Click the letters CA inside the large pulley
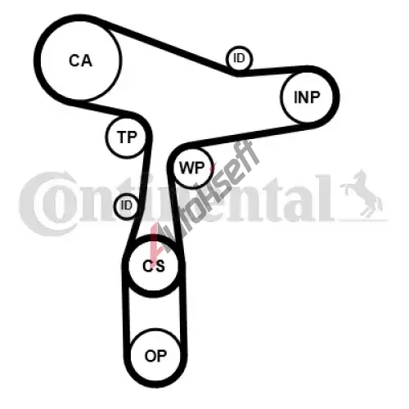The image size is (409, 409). [80, 61]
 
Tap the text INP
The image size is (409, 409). [307, 97]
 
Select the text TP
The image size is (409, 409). [127, 137]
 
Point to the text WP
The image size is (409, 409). [191, 168]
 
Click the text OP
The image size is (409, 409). [155, 356]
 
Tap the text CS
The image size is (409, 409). [154, 266]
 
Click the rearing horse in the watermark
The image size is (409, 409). [362, 193]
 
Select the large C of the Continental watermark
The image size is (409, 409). [43, 203]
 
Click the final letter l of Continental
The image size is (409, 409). [325, 199]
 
